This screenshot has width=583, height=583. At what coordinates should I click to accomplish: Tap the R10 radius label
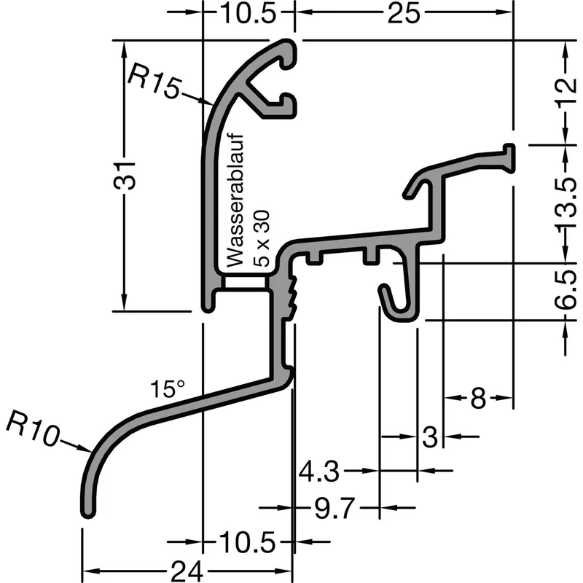pyautogui.click(x=32, y=428)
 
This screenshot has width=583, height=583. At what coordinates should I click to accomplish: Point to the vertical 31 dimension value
pyautogui.click(x=125, y=176)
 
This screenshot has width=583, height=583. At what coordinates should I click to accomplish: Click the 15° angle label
pyautogui.click(x=167, y=389)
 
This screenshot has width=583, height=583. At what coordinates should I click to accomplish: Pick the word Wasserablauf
pyautogui.click(x=235, y=200)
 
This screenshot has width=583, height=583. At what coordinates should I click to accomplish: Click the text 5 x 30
pyautogui.click(x=261, y=238)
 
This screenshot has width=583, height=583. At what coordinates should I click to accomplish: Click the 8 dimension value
pyautogui.click(x=478, y=398)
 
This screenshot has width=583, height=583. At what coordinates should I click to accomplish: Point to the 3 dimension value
pyautogui.click(x=430, y=437)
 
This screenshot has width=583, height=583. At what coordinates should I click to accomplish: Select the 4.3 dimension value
pyautogui.click(x=319, y=471)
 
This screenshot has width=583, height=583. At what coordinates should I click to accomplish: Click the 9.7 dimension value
pyautogui.click(x=334, y=508)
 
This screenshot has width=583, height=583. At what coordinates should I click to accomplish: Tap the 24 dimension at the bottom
pyautogui.click(x=187, y=571)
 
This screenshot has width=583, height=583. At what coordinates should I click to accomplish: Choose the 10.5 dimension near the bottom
pyautogui.click(x=247, y=542)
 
